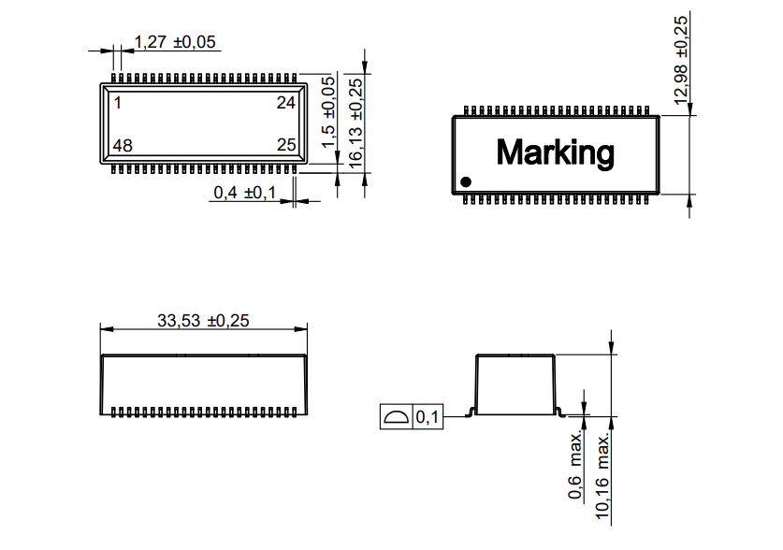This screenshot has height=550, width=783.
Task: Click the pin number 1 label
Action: pyautogui.click(x=118, y=102)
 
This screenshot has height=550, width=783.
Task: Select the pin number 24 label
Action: pyautogui.click(x=286, y=103)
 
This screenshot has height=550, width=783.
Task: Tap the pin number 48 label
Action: pyautogui.click(x=123, y=146)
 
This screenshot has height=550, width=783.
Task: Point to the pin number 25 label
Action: pyautogui.click(x=286, y=146)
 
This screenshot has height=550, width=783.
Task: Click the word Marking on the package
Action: pyautogui.click(x=555, y=152)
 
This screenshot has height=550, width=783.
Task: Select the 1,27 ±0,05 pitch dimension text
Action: pyautogui.click(x=175, y=42)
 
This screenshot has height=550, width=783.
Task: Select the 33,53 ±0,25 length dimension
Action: pyautogui.click(x=203, y=320)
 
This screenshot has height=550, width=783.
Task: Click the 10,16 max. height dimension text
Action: pyautogui.click(x=603, y=475)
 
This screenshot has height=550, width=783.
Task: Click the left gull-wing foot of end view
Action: pyautogui.click(x=473, y=412)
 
